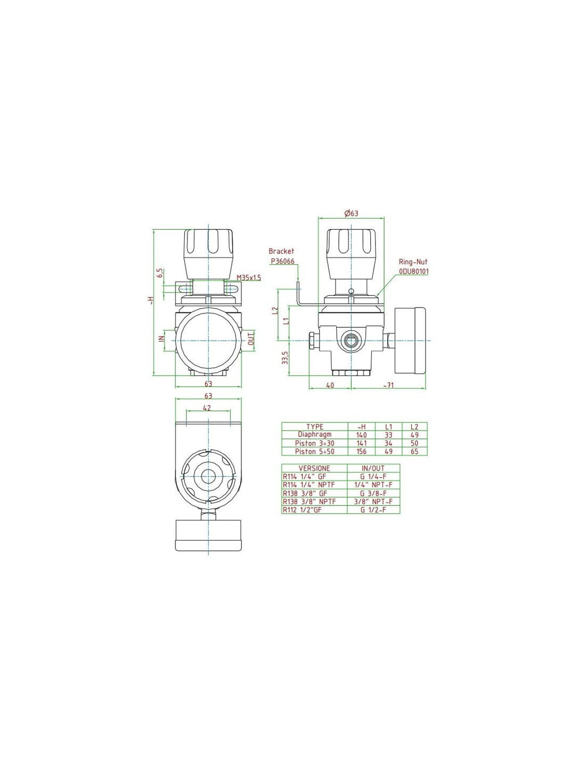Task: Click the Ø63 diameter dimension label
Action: coord(351,213)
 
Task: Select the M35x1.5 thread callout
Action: coord(249,278)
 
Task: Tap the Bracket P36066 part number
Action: coord(283,261)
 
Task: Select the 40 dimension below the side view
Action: coord(330,385)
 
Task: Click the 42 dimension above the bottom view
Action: coord(207,407)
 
